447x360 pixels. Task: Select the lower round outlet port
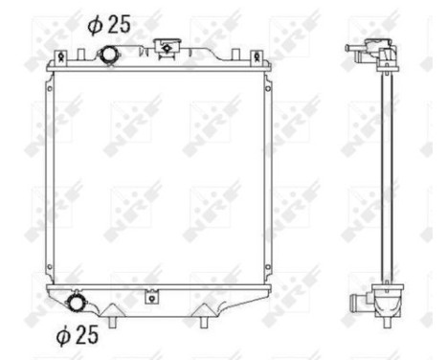pyautogui.click(x=77, y=304)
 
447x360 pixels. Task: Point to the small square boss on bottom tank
pyautogui.click(x=150, y=298)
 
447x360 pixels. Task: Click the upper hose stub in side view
pyautogui.click(x=355, y=56)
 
